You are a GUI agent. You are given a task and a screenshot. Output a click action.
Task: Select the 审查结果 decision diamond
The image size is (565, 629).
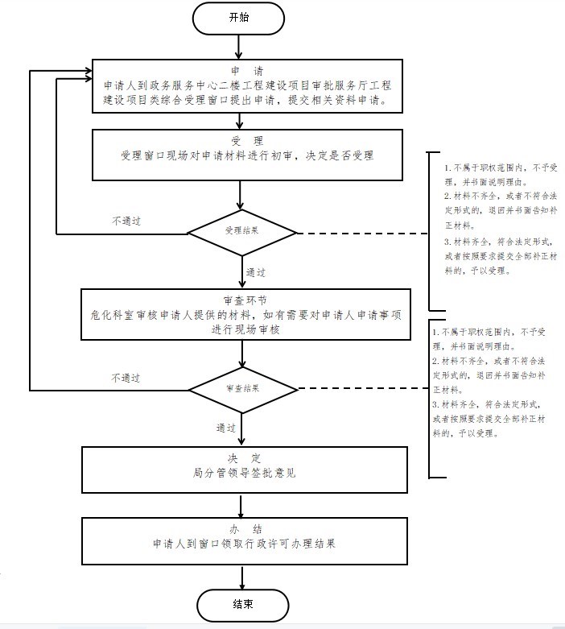tap(242, 388)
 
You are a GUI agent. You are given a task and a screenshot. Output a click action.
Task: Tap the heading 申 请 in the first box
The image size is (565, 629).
tap(240, 70)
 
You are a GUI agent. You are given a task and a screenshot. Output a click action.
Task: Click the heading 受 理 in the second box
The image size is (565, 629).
tap(241, 141)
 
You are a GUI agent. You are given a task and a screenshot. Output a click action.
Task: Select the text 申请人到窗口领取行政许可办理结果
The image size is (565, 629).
tap(244, 544)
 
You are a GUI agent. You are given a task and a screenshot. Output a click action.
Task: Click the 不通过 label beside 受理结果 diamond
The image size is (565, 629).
tap(126, 221)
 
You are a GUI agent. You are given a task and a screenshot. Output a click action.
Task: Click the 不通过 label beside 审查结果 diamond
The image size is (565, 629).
tap(126, 377)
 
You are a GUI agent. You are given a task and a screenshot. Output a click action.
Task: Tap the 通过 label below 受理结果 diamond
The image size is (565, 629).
tap(256, 271)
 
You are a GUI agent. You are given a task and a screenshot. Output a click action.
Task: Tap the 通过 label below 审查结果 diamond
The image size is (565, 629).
tap(226, 428)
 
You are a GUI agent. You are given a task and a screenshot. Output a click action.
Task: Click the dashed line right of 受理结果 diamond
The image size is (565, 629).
tap(362, 234)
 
